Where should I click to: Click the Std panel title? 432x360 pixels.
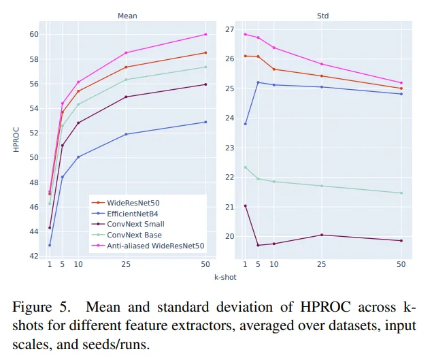[322, 15]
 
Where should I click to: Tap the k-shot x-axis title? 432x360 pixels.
[225, 278]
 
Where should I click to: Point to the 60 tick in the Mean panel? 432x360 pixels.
[33, 34]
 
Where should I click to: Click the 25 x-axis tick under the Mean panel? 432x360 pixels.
[126, 264]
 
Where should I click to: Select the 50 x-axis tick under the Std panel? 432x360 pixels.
[401, 264]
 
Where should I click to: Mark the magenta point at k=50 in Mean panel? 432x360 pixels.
[205, 34]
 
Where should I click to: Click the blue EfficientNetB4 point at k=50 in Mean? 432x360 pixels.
[205, 122]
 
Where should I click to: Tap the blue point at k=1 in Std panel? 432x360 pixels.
[245, 124]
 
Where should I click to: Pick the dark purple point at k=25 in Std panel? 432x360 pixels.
[321, 235]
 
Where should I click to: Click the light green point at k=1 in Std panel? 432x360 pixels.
[245, 167]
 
